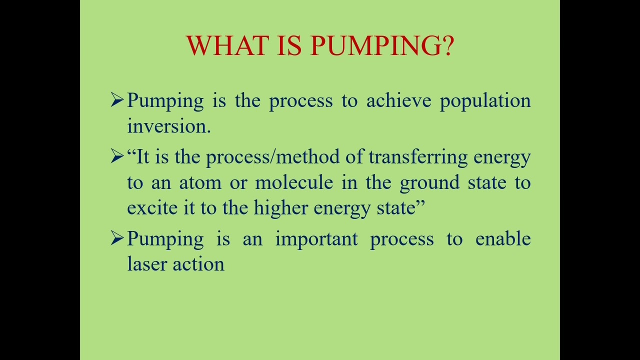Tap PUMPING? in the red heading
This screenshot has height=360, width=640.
click(382, 45)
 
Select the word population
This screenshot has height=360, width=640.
click(485, 101)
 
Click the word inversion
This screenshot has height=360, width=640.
click(168, 126)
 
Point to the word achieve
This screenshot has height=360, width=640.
click(398, 101)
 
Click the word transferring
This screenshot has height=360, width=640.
click(418, 157)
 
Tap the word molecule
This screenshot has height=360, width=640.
click(294, 182)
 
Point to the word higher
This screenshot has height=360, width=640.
click(280, 208)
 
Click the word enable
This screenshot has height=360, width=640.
click(502, 239)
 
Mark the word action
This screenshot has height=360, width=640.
click(198, 264)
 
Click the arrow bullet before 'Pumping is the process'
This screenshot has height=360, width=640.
click(117, 100)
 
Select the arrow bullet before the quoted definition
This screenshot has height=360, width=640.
click(117, 157)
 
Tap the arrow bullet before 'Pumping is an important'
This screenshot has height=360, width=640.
click(117, 238)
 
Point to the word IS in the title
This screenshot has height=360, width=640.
click(289, 45)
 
